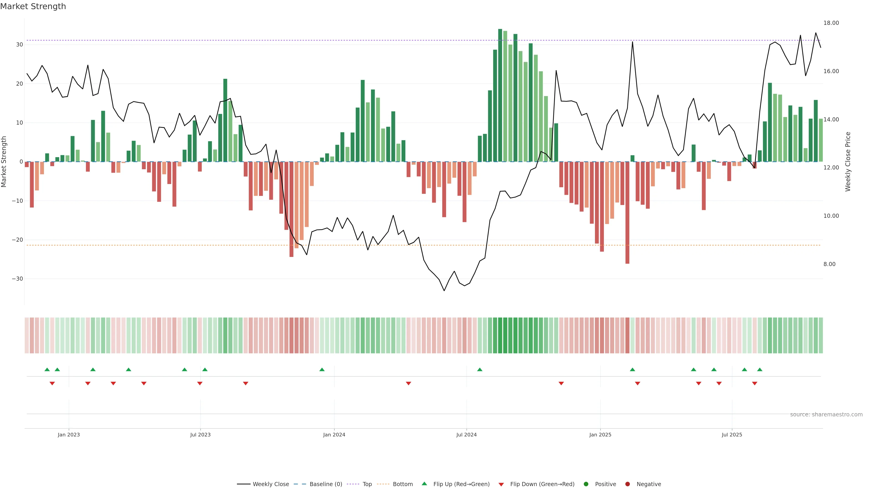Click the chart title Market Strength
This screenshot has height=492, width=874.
pos(33,6)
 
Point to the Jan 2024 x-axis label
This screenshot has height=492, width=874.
pos(334,435)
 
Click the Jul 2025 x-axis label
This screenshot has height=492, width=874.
pos(732,435)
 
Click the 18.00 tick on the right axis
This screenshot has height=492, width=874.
pos(831,23)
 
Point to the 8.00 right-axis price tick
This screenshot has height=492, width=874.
pos(829,264)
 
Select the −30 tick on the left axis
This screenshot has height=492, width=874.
pos(17,279)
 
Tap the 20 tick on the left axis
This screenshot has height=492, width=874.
pos(19,84)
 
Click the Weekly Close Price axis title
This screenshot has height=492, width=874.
pos(848,162)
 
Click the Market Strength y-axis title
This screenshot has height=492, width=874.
pos(4,162)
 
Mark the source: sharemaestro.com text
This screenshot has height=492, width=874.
pos(826,415)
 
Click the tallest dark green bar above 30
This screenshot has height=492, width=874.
pos(500,95)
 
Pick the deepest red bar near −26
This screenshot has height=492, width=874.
pos(627,213)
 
